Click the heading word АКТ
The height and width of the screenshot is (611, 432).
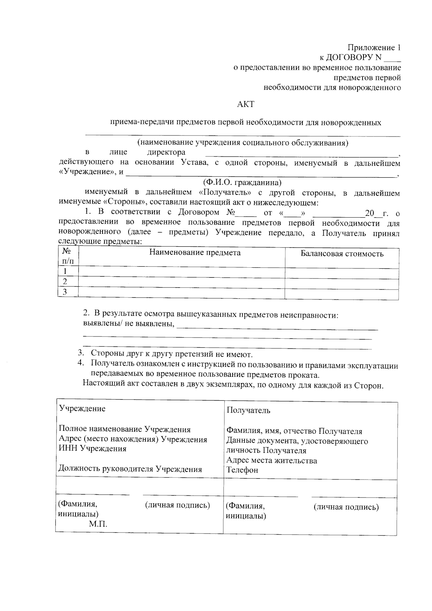coord(246,104)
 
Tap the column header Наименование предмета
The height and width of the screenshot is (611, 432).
coord(195,253)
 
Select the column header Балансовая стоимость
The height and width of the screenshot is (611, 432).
coord(342,254)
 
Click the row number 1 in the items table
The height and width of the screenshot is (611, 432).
coord(65,271)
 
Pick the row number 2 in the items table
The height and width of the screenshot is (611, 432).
coord(65,281)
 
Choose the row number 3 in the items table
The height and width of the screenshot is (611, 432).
coord(65,292)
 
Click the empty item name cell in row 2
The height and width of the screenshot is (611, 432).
coord(181,282)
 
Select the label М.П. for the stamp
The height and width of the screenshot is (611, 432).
coord(98,524)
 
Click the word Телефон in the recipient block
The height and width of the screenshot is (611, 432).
coord(242,470)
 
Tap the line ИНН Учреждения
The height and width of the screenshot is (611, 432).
coord(93,449)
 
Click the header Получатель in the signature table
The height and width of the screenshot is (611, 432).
coord(248,410)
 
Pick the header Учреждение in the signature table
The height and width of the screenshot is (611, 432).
coord(82,409)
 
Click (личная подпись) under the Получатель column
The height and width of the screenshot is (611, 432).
coord(346,507)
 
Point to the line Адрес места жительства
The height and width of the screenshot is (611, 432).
coord(272,460)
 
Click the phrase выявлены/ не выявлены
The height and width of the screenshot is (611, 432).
coord(128,324)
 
